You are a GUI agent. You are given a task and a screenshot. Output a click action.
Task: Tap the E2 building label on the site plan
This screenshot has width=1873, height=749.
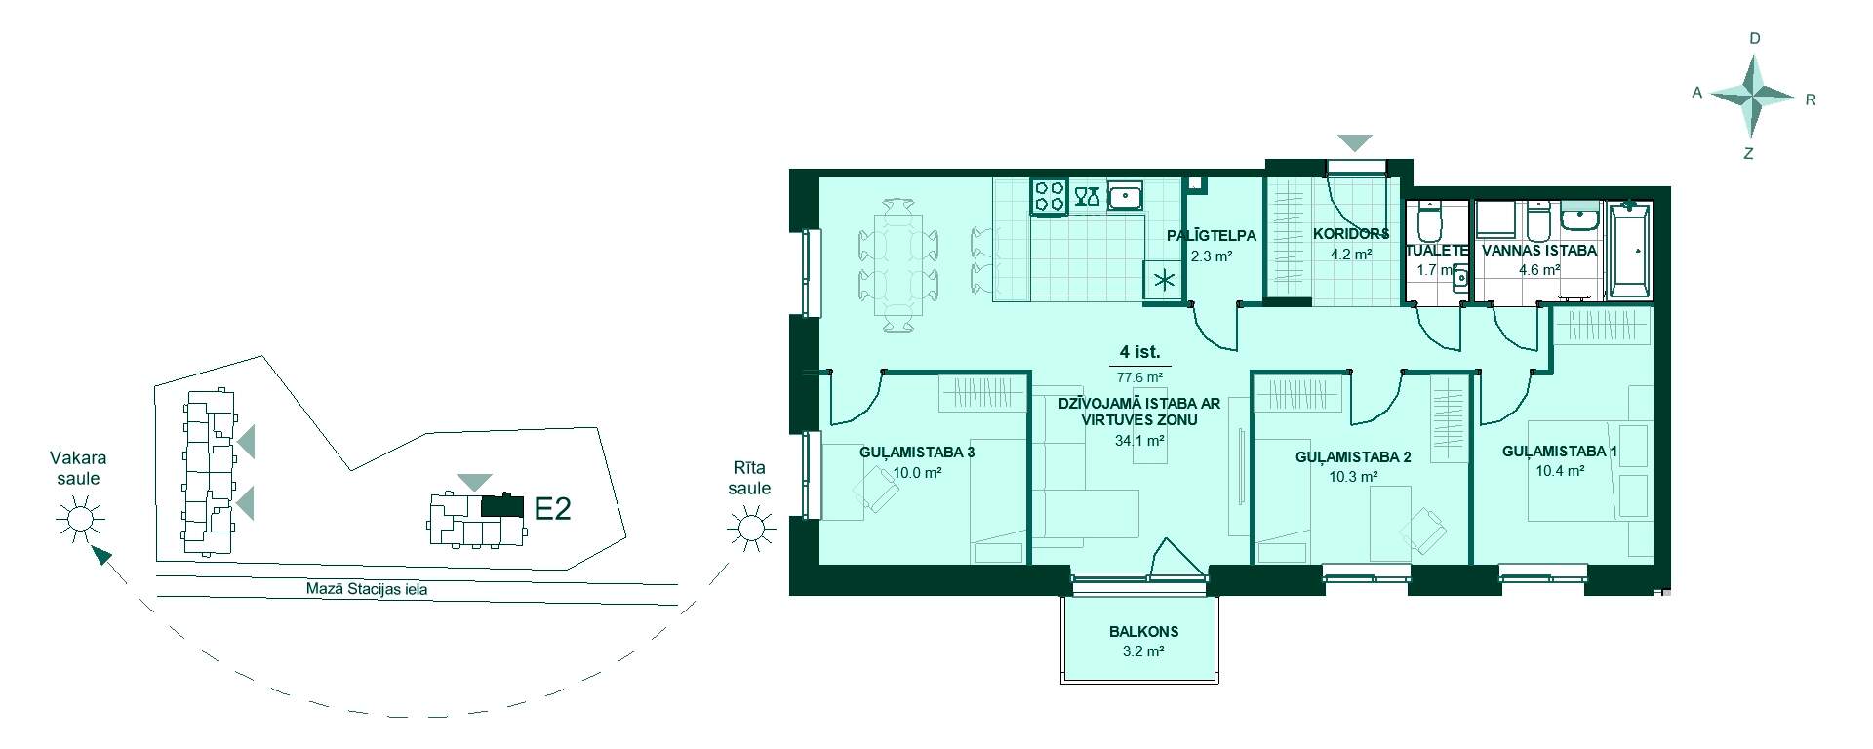pyautogui.click(x=552, y=508)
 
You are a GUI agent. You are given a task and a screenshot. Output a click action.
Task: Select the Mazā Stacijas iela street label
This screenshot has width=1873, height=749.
pyautogui.click(x=365, y=589)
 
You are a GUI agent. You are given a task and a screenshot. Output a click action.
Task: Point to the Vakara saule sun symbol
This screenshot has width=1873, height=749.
pyautogui.click(x=79, y=518)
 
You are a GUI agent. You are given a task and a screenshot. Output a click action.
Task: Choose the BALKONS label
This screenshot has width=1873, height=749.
pyautogui.click(x=1143, y=631)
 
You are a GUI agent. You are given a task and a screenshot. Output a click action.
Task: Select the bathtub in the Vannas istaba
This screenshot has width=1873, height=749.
pyautogui.click(x=1630, y=250)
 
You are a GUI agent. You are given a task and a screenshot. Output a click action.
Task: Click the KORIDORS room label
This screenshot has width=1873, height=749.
pyautogui.click(x=1351, y=234)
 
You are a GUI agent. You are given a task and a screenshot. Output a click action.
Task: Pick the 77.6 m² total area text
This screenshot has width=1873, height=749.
pyautogui.click(x=1139, y=377)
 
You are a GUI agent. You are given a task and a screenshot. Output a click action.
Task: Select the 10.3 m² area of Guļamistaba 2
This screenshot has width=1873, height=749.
pyautogui.click(x=1353, y=477)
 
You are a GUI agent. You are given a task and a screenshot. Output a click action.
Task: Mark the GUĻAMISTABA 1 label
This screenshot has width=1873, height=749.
pyautogui.click(x=1560, y=451)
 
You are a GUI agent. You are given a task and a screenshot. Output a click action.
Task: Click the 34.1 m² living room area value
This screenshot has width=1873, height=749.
pyautogui.click(x=1139, y=440)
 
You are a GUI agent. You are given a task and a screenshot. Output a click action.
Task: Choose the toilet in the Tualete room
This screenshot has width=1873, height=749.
pyautogui.click(x=1429, y=222)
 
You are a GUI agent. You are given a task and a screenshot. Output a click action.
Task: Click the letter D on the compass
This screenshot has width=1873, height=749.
pyautogui.click(x=1755, y=39)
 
